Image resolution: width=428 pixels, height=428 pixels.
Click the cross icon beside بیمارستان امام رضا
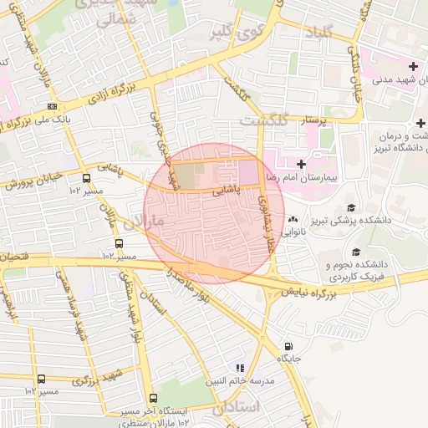301,163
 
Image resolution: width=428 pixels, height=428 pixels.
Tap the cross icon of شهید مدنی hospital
412,66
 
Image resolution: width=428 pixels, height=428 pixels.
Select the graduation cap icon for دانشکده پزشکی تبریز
351,206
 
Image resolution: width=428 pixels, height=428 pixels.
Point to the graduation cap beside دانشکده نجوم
356,251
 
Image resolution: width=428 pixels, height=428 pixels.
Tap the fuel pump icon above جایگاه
288,345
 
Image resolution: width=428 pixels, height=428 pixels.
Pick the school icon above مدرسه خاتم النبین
239,367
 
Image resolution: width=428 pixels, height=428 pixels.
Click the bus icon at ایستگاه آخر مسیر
152,399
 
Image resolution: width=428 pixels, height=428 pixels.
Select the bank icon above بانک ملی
53,107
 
